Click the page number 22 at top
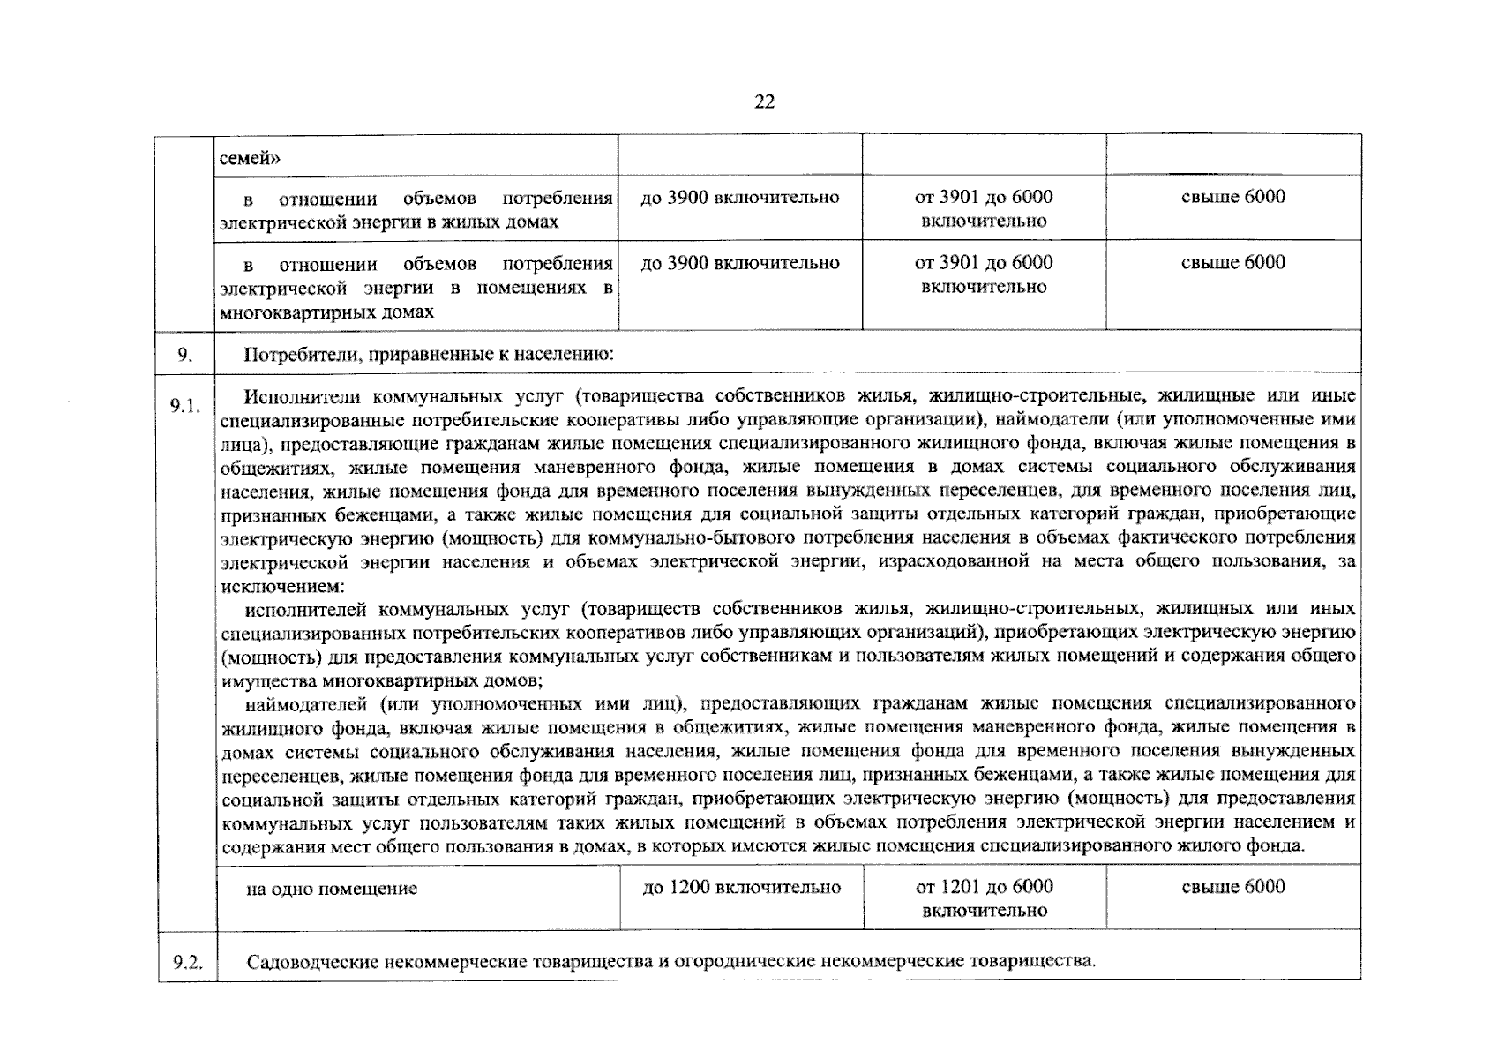(764, 102)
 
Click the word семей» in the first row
(250, 158)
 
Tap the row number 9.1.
(185, 405)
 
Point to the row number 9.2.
(187, 962)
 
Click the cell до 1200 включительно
(741, 887)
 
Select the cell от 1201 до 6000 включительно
(984, 898)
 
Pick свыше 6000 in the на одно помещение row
(1232, 887)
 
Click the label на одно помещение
(332, 889)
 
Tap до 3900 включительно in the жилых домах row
(739, 197)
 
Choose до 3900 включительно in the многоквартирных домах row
(739, 262)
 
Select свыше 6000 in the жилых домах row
(1232, 197)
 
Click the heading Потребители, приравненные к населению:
(428, 355)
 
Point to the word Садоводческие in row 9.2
(312, 961)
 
